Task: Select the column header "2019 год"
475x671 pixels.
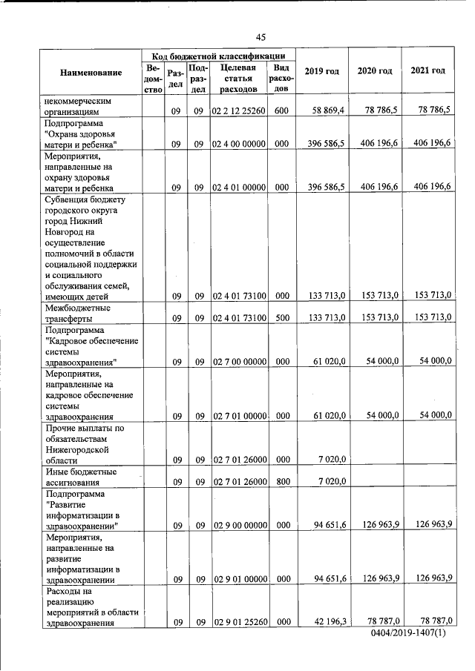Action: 322,71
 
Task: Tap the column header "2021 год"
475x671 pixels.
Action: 427,70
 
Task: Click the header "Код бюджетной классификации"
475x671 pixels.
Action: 218,56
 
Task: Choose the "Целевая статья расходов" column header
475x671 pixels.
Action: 238,78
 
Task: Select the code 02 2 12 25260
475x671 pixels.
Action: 239,110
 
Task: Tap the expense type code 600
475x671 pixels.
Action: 281,110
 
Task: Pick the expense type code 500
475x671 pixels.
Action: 281,318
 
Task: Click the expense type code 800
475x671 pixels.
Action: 281,481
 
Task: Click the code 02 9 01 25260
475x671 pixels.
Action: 239,624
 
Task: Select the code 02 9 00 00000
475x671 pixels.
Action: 239,526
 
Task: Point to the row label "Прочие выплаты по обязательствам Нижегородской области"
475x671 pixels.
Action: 78,444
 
